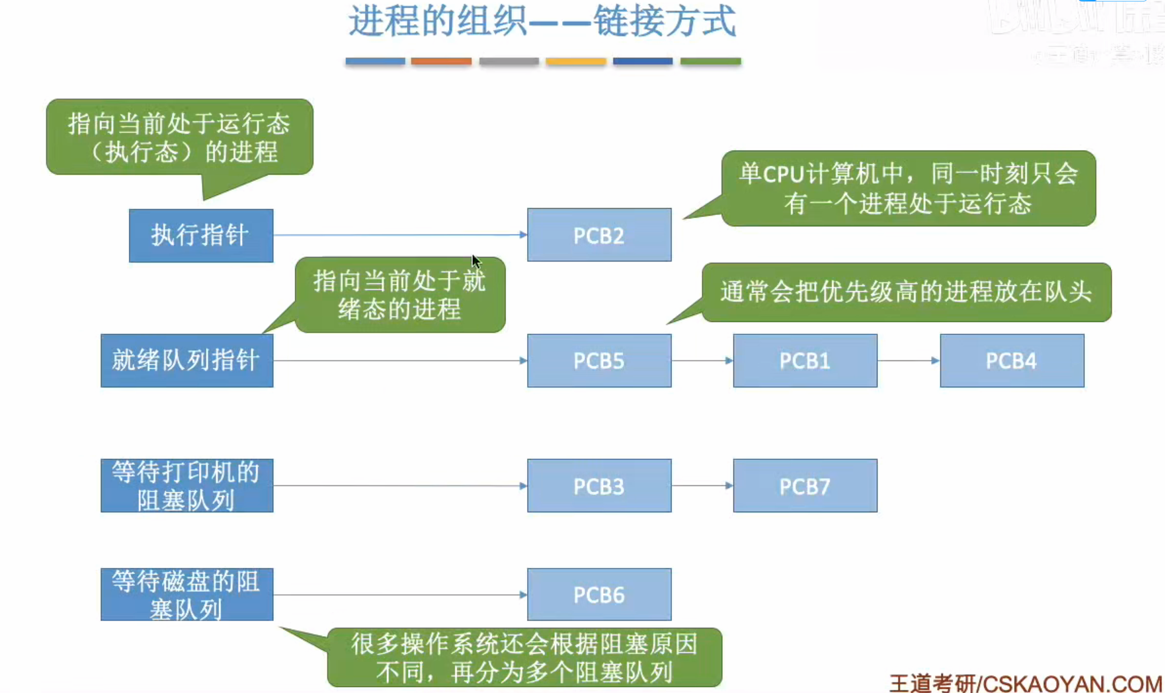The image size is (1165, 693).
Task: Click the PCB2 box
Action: pyautogui.click(x=599, y=235)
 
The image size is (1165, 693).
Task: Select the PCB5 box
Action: pyautogui.click(x=599, y=360)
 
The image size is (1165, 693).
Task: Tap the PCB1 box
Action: pyautogui.click(x=805, y=360)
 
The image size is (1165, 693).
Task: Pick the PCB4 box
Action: pyautogui.click(x=1012, y=360)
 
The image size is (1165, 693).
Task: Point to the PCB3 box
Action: pyautogui.click(x=599, y=486)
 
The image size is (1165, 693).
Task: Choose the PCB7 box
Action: pyautogui.click(x=805, y=486)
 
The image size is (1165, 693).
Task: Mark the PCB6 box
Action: pyautogui.click(x=599, y=595)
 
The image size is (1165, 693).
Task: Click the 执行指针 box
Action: pyautogui.click(x=201, y=235)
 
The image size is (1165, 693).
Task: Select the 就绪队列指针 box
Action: pyautogui.click(x=187, y=360)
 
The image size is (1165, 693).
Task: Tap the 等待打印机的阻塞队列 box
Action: pyautogui.click(x=187, y=486)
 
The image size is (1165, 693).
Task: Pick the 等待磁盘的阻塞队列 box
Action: pyautogui.click(x=187, y=595)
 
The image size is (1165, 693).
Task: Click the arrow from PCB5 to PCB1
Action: pyautogui.click(x=702, y=360)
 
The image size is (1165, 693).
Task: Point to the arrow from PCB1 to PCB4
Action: pyautogui.click(x=909, y=360)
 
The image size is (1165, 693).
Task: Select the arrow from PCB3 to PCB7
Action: pyautogui.click(x=702, y=486)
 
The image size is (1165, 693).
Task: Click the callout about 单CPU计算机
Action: pyautogui.click(x=908, y=189)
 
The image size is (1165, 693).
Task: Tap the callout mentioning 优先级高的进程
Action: pyautogui.click(x=906, y=292)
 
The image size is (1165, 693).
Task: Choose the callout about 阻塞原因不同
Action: pyautogui.click(x=524, y=658)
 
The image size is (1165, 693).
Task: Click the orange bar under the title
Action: pyautogui.click(x=441, y=61)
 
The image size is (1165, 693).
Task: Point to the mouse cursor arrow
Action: pyautogui.click(x=476, y=262)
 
